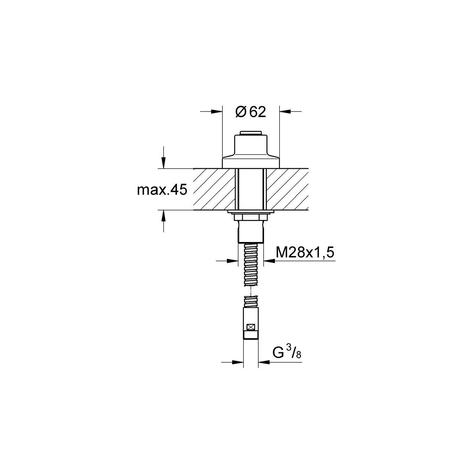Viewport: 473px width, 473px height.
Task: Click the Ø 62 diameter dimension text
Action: coord(251,112)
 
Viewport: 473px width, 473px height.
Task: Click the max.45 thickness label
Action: coord(162,190)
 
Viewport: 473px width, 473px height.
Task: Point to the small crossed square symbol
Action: coord(251,327)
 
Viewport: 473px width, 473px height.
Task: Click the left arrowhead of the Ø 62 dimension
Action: coord(217,112)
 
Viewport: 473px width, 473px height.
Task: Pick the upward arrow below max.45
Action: coord(164,216)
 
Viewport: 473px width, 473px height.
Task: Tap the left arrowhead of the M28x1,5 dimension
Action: coord(233,261)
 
